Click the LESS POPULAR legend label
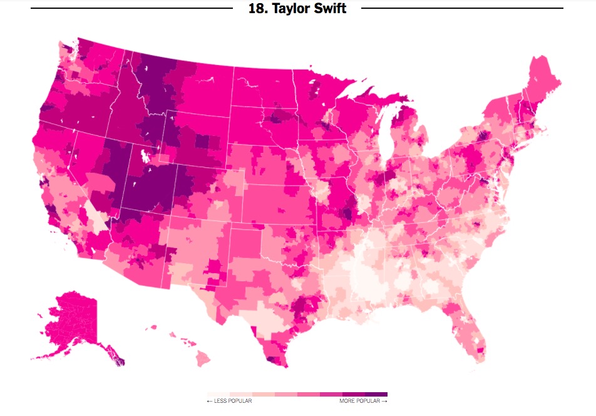[x=229, y=401]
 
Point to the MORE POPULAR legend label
[x=363, y=401]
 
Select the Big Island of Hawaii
[x=203, y=358]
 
